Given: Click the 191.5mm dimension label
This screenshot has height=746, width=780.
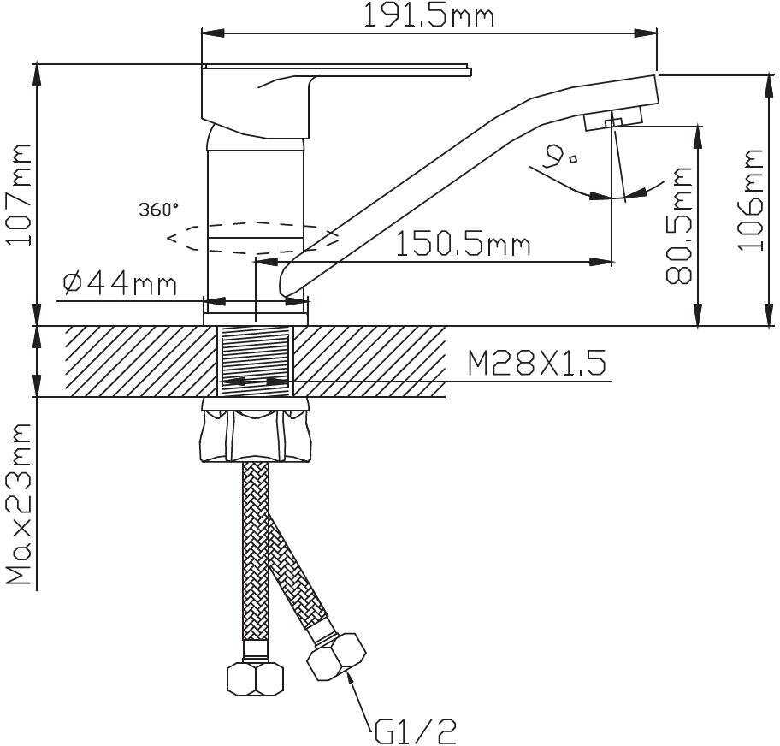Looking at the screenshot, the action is tap(428, 15).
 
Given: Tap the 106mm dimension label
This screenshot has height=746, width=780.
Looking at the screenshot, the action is tap(750, 199).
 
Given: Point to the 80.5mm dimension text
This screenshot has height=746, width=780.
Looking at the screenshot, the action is tap(679, 225).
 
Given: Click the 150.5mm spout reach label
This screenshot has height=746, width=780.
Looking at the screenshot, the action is tap(464, 245).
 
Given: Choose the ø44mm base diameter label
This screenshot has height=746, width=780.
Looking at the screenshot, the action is tap(120, 284).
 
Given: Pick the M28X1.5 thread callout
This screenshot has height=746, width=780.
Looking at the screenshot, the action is tap(537, 363).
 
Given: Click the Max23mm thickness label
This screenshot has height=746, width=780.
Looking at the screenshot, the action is tap(19, 504).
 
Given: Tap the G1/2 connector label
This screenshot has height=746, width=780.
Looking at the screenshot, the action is tap(415, 731).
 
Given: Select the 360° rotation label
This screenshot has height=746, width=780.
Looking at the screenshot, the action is tap(159, 210).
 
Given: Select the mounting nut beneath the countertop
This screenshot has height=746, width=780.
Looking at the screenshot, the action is tap(255, 429).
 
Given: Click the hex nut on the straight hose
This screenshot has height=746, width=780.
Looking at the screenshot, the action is tap(255, 678).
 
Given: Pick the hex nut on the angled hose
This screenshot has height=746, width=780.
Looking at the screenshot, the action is tap(336, 657).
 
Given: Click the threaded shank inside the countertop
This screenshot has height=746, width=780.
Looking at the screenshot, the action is tap(256, 361).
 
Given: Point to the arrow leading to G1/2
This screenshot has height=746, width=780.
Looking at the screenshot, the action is tap(360, 699).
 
